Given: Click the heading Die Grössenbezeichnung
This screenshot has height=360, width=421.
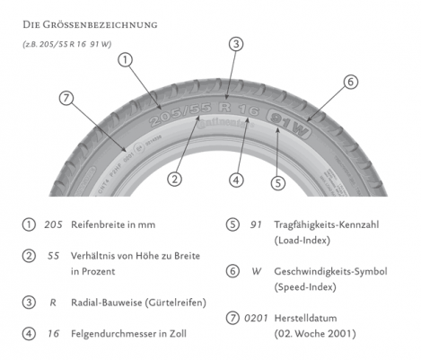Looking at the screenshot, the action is point(90,24).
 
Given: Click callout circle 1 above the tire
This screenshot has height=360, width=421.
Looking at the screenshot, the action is point(126,60).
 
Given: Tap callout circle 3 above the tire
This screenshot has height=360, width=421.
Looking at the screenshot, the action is point(236,44).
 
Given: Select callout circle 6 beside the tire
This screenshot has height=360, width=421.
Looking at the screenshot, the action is point(351,82).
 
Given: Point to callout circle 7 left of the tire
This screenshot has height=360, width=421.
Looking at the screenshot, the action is point(66,98).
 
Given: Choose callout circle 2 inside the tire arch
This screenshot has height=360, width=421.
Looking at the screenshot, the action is point(174,179).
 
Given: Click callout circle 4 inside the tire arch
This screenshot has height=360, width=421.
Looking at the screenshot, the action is point(236,180).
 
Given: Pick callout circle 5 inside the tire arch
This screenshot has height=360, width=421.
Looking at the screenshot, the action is point(278,183).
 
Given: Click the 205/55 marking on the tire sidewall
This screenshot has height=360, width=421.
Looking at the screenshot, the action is point(180,115).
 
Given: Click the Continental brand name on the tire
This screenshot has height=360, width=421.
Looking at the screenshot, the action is point(225,123).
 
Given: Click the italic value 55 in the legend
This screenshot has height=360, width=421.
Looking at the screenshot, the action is point(53,256).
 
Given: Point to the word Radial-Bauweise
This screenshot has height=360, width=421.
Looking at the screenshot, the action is point(107,303).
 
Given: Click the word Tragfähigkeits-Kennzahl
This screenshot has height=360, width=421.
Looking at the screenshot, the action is point(327,224).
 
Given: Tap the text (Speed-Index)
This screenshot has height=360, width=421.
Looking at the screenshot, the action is point(305,287).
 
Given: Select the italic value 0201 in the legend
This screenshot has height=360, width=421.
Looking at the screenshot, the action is point(256,318).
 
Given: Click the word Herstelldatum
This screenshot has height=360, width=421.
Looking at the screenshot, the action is point(305,318).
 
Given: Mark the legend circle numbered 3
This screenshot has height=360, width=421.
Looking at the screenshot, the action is point(29,303).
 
